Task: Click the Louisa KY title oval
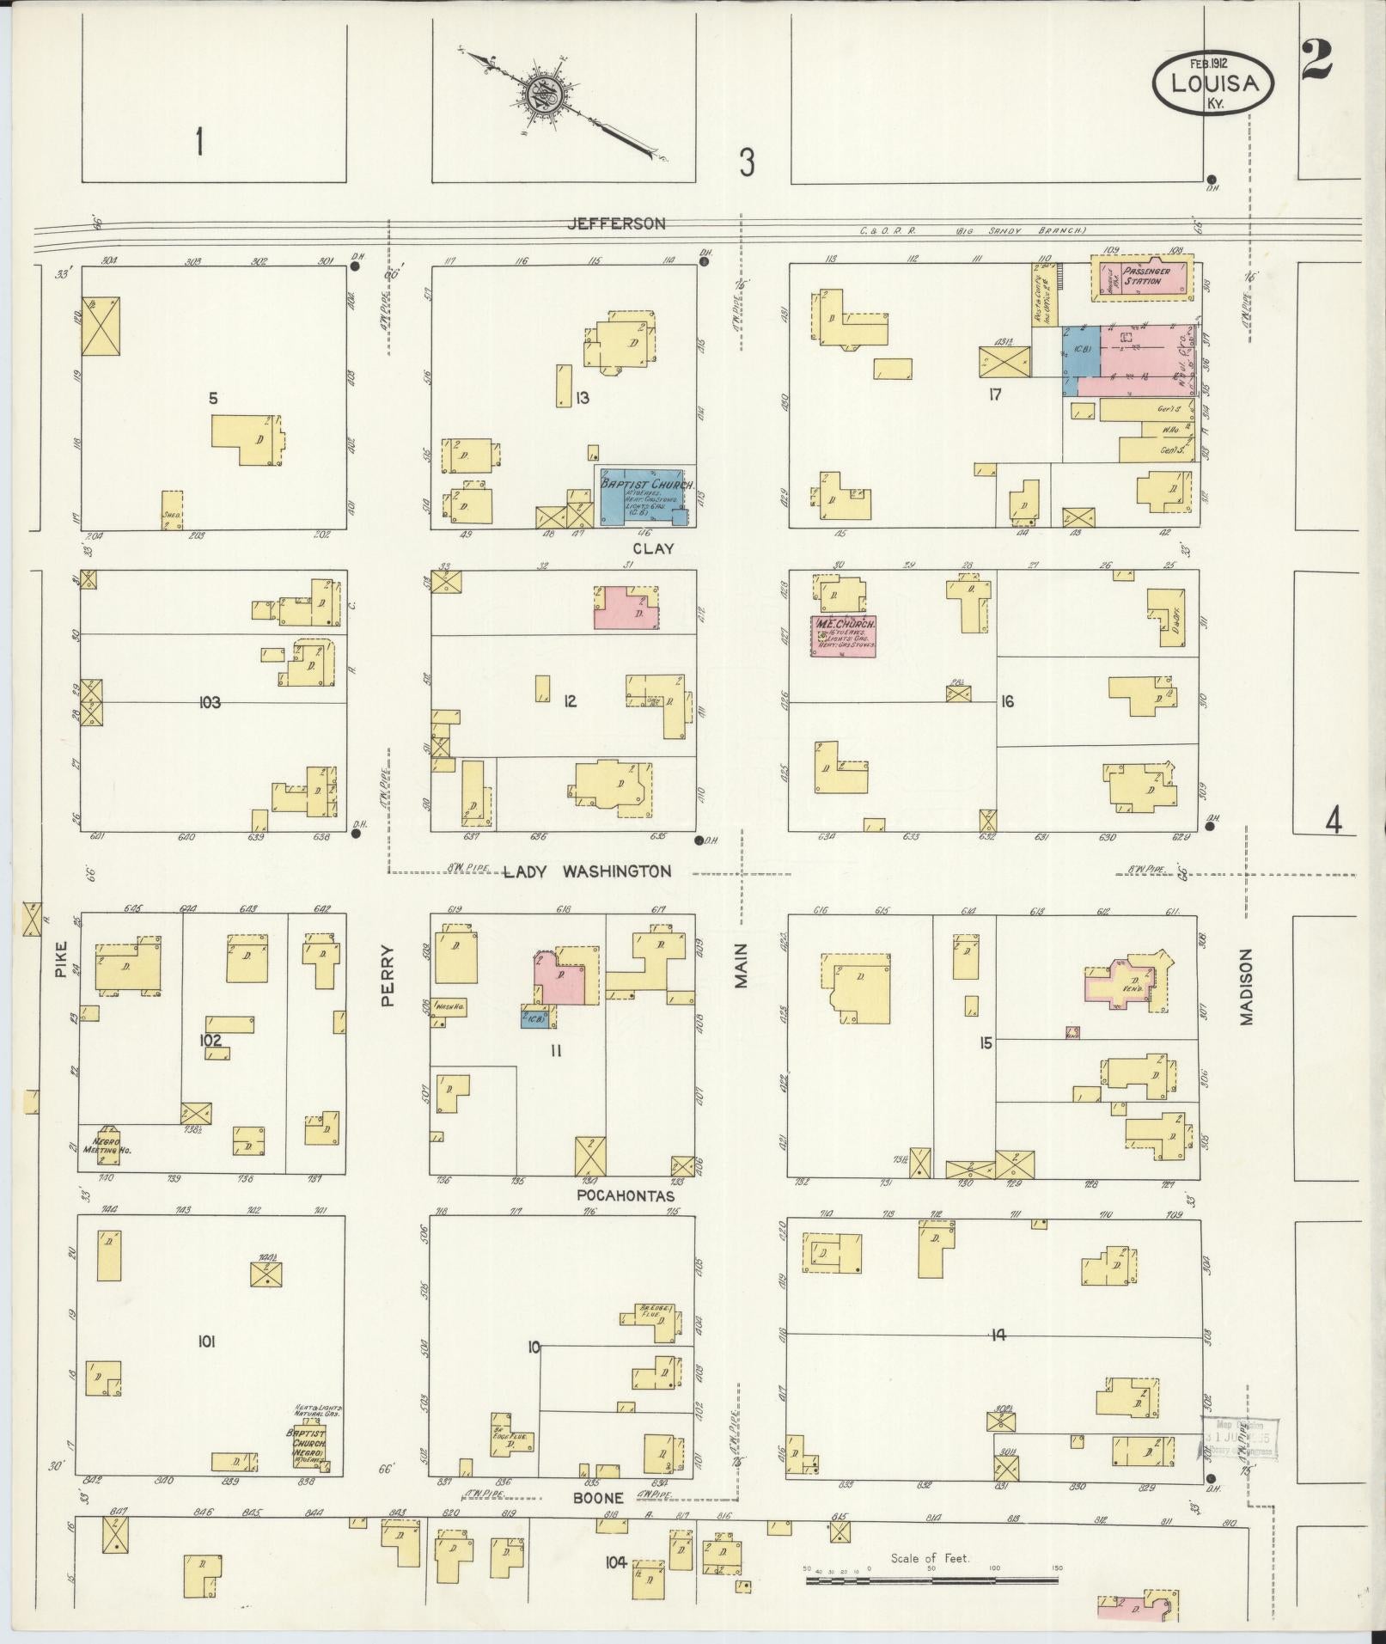[1212, 84]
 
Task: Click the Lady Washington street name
[587, 871]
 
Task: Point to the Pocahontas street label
[626, 1196]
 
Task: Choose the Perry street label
[388, 975]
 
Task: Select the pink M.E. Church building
[844, 636]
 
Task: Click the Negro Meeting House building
[107, 1145]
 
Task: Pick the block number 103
[209, 702]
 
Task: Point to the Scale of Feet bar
[932, 978]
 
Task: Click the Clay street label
[653, 548]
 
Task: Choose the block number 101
[206, 1342]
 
